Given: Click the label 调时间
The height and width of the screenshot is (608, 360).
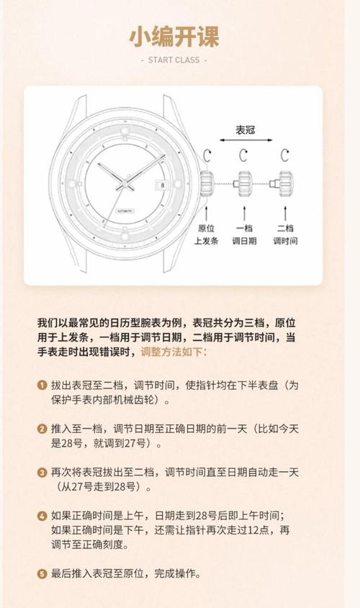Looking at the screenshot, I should pos(285,241).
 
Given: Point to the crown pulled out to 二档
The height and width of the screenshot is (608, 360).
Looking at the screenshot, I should pos(286,183).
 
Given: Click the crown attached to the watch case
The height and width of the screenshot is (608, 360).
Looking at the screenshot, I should pos(207,183).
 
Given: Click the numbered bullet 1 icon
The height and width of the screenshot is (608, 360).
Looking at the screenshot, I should pos(42,385).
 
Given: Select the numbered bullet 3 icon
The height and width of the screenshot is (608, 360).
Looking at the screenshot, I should pos(42,473).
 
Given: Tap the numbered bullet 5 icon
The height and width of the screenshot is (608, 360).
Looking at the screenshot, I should pos(42,574).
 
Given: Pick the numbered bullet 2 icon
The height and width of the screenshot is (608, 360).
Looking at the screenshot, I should pos(42,429).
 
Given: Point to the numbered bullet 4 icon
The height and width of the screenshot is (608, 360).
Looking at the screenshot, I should pos(42,516).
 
